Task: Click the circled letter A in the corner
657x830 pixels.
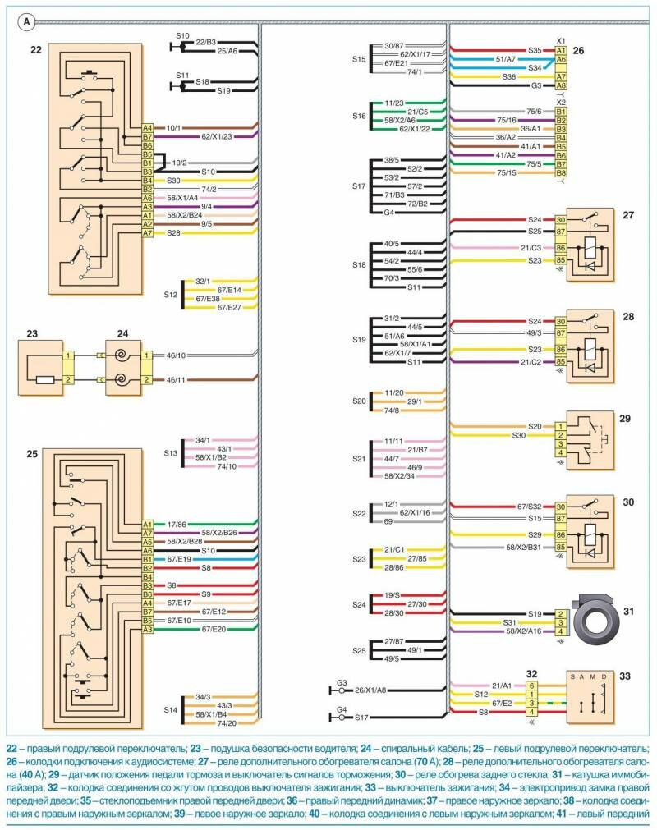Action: click(27, 21)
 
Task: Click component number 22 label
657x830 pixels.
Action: click(35, 50)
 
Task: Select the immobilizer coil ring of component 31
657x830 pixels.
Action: click(595, 622)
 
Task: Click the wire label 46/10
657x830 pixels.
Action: click(175, 355)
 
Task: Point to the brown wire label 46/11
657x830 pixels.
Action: click(175, 381)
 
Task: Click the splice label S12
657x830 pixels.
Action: click(170, 294)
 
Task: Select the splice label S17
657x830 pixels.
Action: click(359, 187)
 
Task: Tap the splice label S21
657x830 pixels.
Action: click(359, 459)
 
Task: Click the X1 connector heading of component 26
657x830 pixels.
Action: click(561, 40)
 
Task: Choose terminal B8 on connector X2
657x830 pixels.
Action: click(561, 173)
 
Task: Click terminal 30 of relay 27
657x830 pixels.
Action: click(561, 220)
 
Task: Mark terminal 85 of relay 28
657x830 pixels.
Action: click(561, 362)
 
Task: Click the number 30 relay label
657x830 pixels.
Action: click(627, 502)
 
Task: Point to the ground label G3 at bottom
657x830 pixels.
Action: click(342, 682)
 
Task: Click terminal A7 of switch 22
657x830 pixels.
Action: click(148, 234)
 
